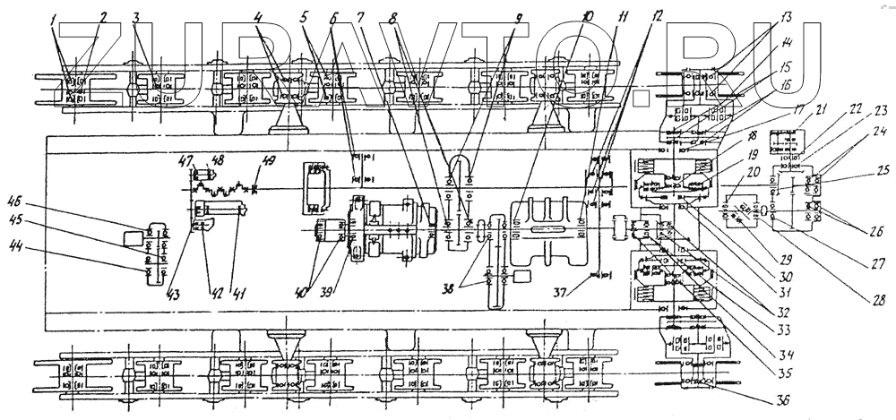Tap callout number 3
136,17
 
